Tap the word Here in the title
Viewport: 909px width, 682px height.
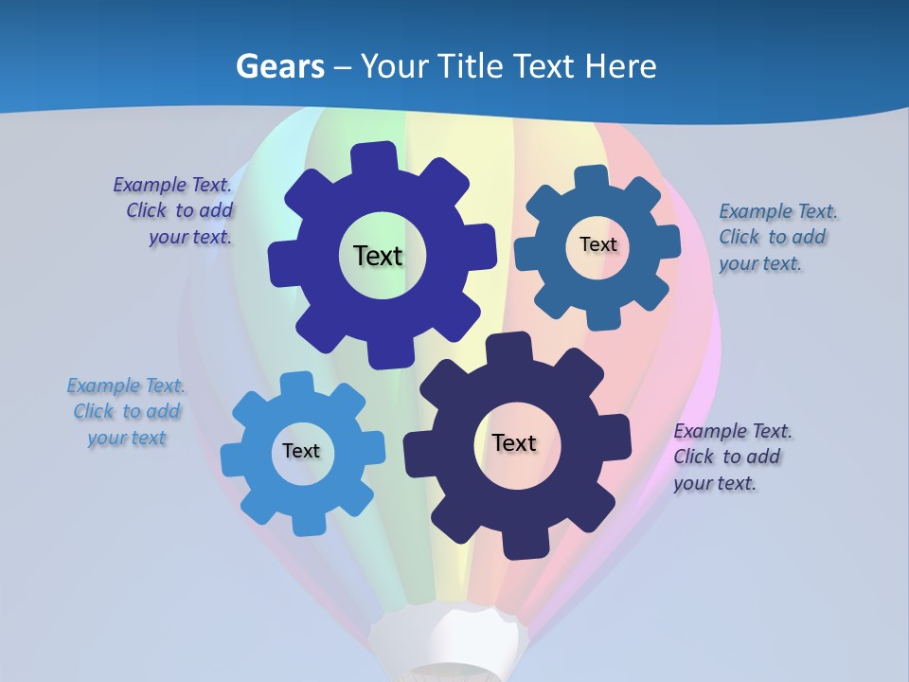pos(620,66)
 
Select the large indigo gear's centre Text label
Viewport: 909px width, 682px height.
pos(378,256)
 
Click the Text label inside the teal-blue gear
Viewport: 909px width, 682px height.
pos(597,244)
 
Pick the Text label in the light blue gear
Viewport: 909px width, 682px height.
pos(301,451)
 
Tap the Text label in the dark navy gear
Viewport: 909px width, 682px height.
pos(514,442)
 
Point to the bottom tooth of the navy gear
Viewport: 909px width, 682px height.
pos(519,544)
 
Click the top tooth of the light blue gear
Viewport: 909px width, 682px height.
pos(295,385)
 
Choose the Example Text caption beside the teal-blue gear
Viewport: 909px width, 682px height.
pos(777,237)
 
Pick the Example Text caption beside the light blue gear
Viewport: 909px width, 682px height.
pos(126,411)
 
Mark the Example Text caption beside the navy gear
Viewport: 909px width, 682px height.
pos(732,457)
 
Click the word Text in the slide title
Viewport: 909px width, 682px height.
pos(546,66)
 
